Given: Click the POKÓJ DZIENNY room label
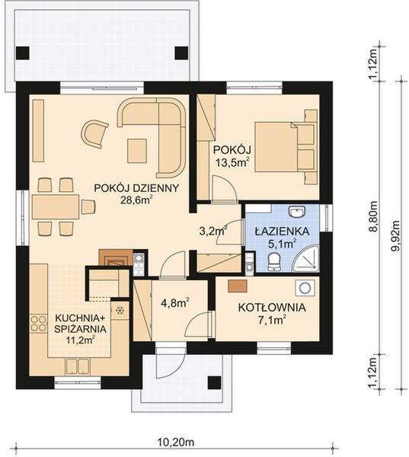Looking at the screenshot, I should (x=136, y=187).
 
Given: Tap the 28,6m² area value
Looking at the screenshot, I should (x=136, y=201).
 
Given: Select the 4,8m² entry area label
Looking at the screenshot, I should (x=174, y=301).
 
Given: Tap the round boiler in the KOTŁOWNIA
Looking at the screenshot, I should (x=305, y=288).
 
